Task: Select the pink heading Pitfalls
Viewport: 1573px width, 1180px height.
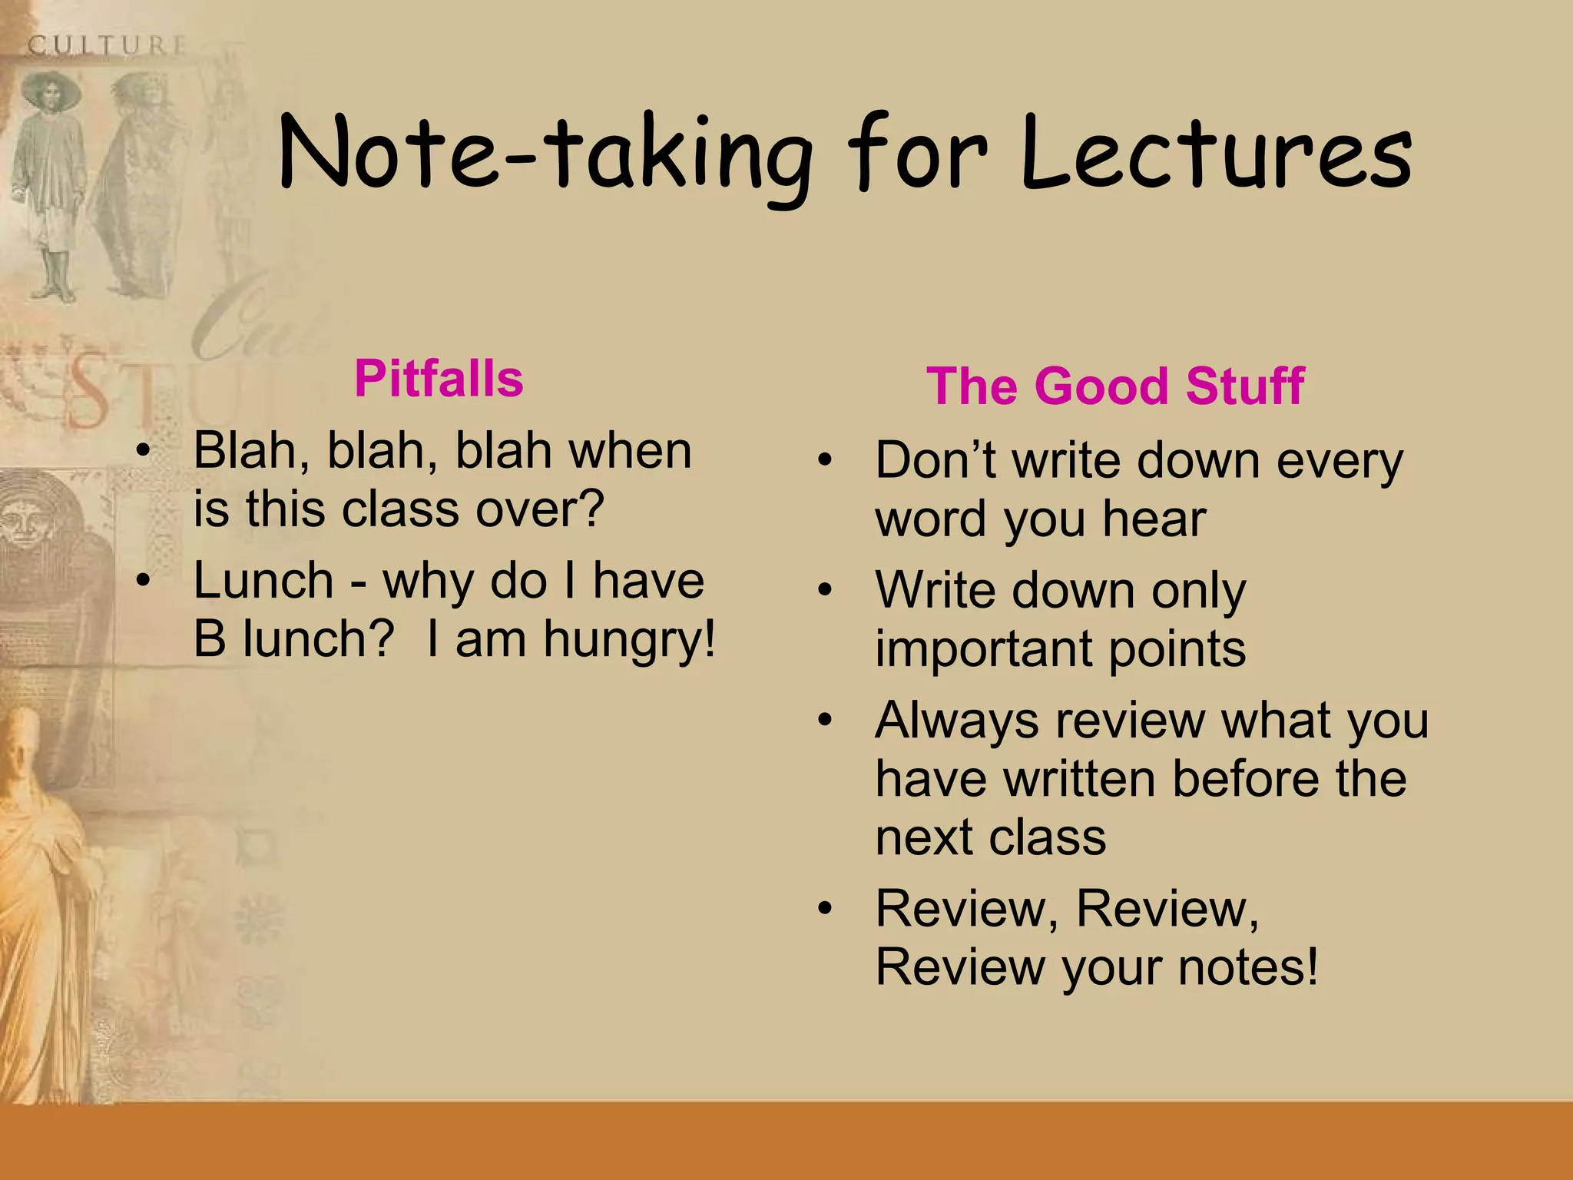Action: point(439,379)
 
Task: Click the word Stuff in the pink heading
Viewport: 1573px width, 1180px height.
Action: point(1244,386)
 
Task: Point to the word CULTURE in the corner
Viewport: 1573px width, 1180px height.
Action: point(107,45)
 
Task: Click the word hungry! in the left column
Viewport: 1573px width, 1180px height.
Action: point(630,640)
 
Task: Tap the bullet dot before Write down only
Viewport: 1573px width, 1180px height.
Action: point(825,591)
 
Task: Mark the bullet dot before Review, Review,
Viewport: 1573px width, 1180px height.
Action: point(825,909)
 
